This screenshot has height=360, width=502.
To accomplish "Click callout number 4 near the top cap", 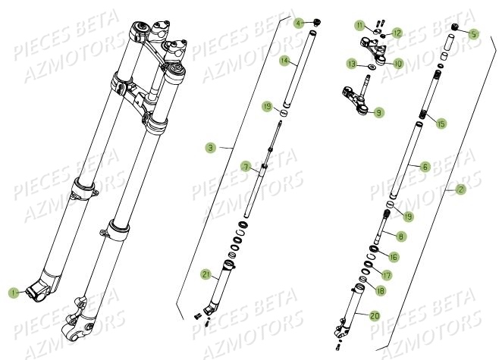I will coord(299,24).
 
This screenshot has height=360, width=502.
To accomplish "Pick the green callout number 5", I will coord(474,33).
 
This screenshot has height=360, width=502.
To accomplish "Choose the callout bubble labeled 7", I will coord(246,166).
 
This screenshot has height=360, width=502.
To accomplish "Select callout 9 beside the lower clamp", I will coord(378,112).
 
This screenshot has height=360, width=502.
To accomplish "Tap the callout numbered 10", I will coord(398,63).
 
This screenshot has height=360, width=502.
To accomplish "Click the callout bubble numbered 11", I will coord(359,26).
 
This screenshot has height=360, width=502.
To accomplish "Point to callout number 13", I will coord(352,64).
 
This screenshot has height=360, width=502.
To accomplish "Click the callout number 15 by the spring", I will coord(442,121).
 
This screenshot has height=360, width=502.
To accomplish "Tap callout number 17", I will coord(387,275).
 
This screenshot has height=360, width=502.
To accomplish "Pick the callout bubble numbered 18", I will coord(379,290).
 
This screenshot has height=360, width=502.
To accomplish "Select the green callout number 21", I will coord(206,274).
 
